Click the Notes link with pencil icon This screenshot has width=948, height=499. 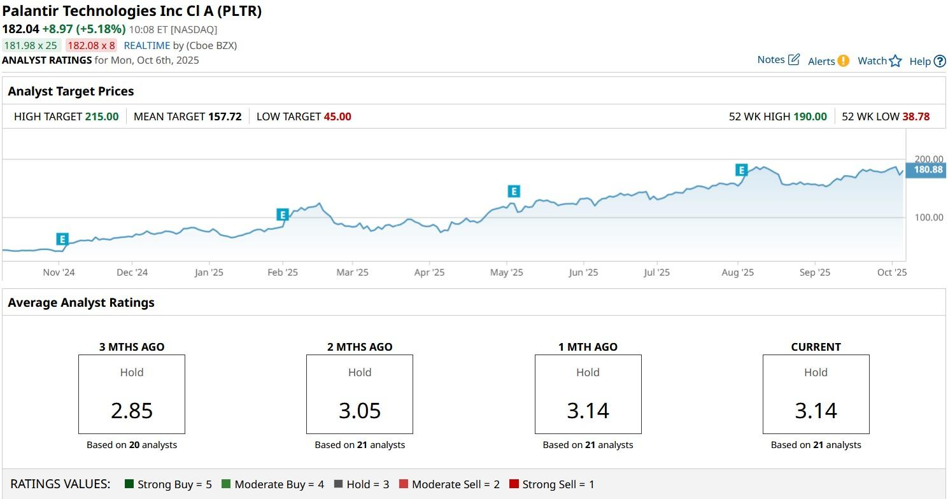(778, 60)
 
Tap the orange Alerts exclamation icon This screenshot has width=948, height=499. (843, 61)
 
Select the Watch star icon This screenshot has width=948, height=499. (895, 61)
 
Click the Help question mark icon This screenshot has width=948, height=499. (940, 61)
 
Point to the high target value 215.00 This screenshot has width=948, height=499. (102, 116)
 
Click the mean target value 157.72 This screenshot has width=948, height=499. (225, 116)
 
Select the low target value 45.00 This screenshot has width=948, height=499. (337, 116)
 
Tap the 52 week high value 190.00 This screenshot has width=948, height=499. (810, 116)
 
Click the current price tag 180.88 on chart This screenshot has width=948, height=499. (928, 170)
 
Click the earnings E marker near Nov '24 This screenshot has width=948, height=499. (62, 239)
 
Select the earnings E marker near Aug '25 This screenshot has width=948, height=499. (741, 170)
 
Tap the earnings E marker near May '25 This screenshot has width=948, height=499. (514, 191)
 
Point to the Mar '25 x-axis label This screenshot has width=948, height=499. (352, 272)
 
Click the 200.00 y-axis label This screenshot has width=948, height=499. (928, 159)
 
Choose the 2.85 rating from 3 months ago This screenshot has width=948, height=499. (132, 411)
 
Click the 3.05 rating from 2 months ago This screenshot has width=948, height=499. (360, 411)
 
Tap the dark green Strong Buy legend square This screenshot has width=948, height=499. (129, 484)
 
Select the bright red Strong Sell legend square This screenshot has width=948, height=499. (514, 484)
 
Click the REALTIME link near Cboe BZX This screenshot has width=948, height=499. (147, 45)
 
